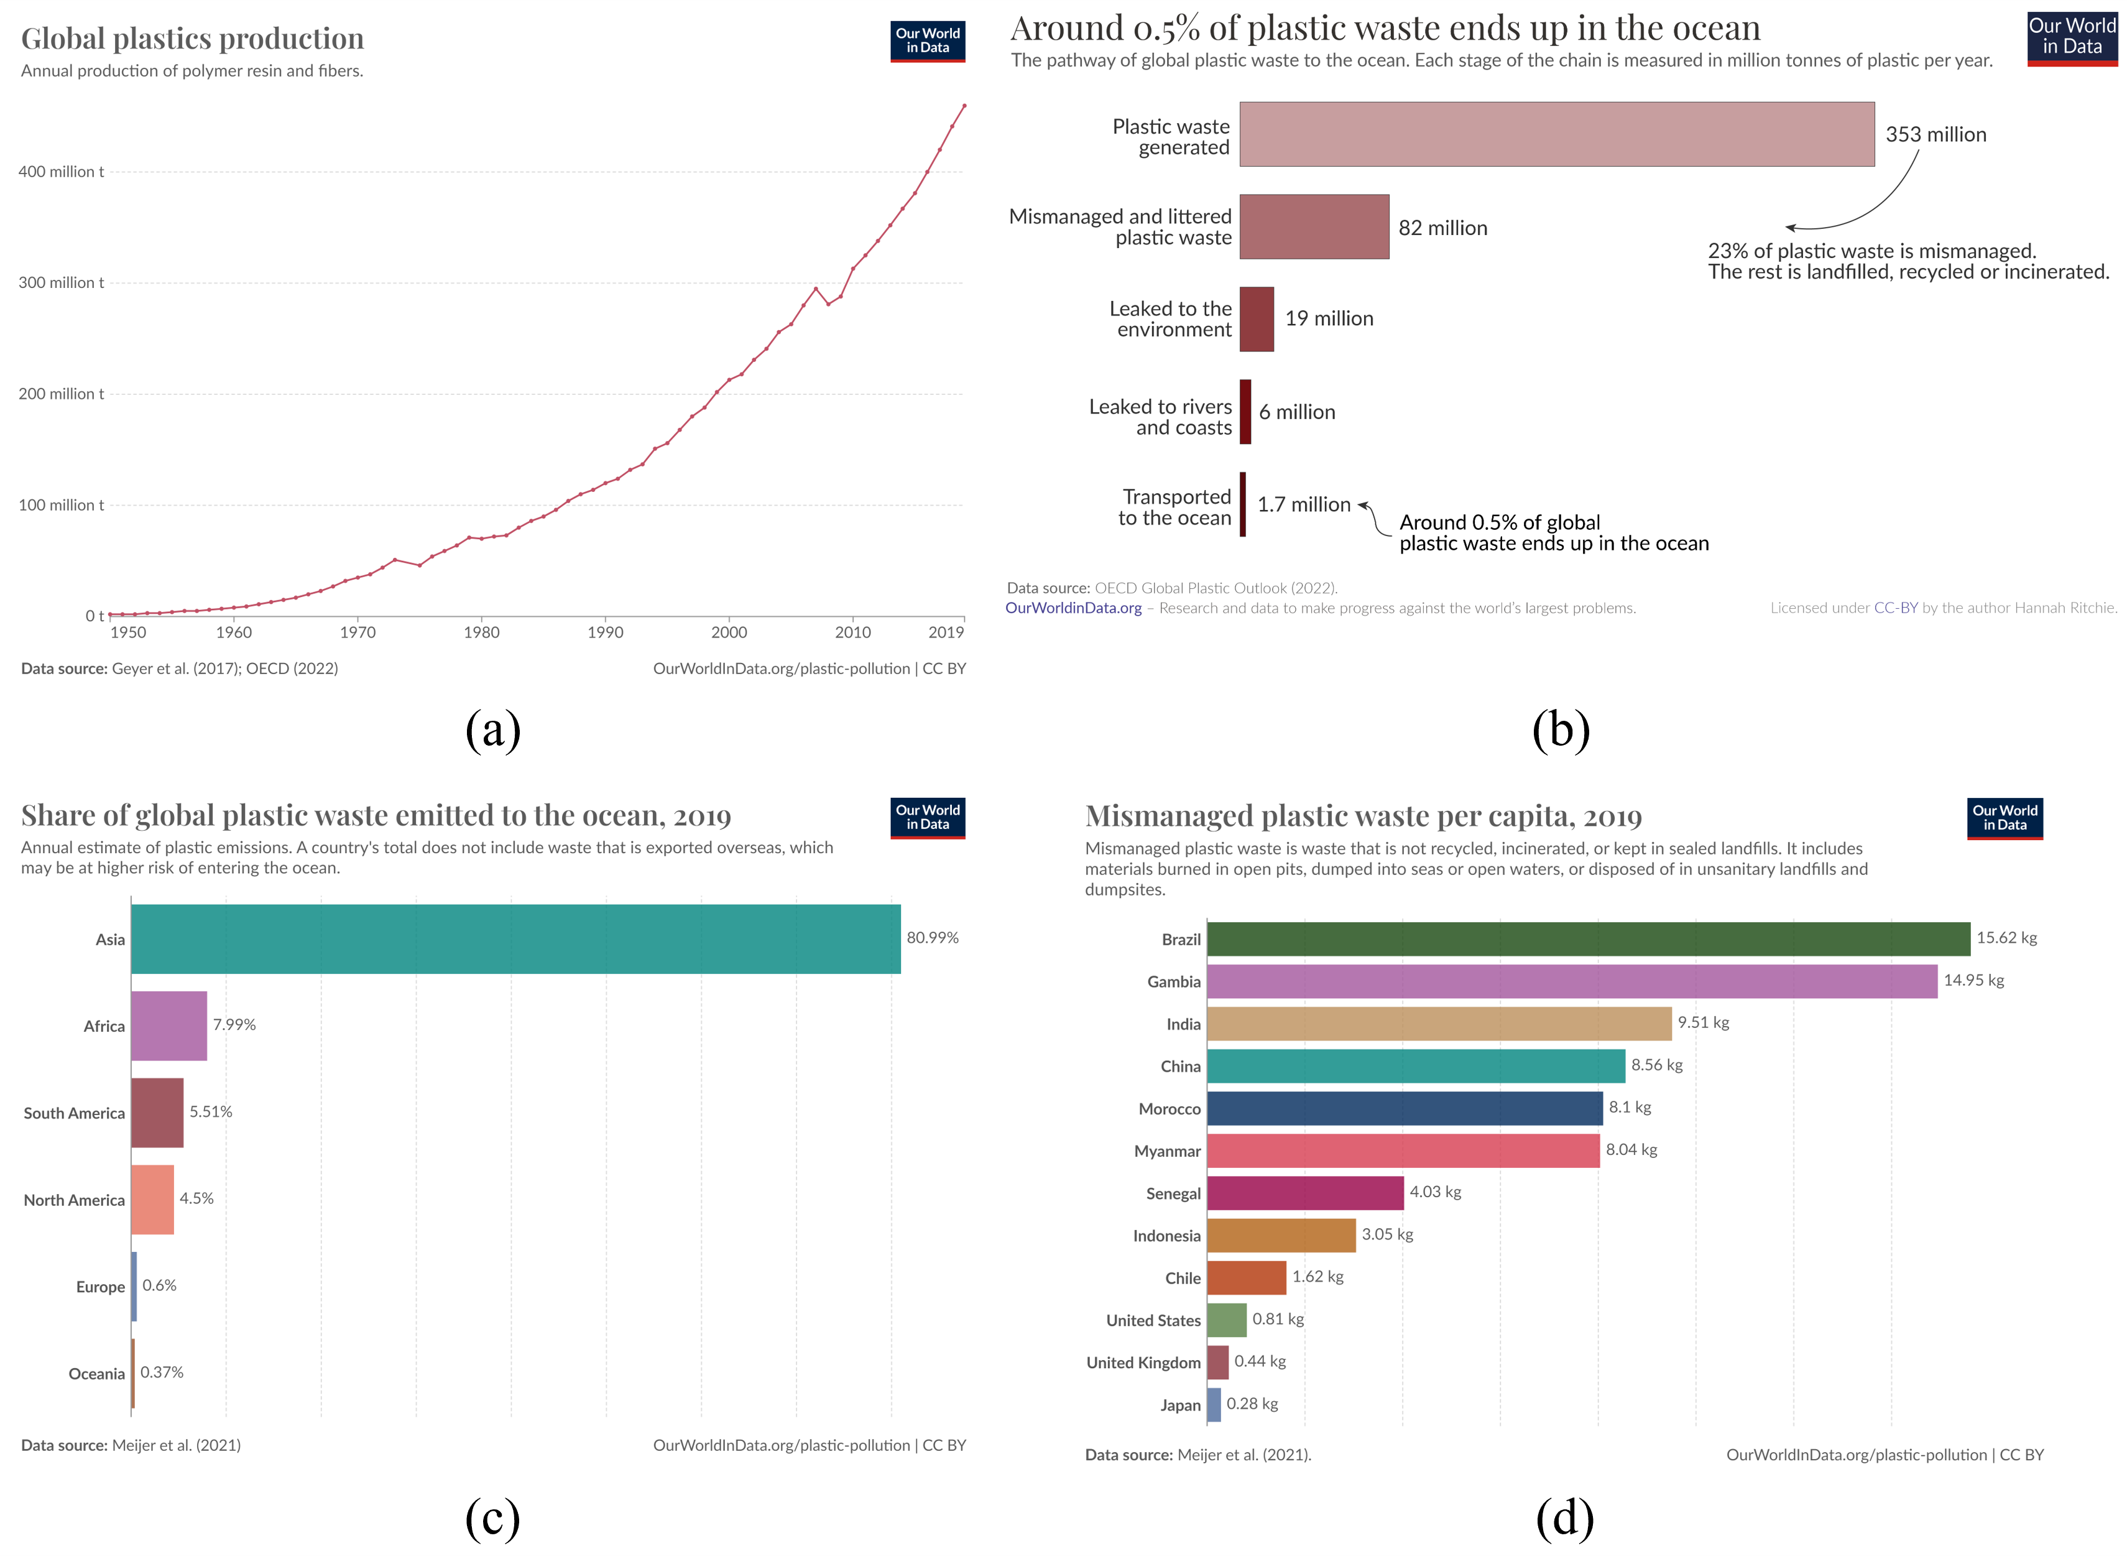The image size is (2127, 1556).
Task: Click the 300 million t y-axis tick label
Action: pyautogui.click(x=61, y=282)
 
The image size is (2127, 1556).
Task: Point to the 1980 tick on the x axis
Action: pyautogui.click(x=481, y=632)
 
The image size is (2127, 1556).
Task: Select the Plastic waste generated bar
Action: pyautogui.click(x=1556, y=135)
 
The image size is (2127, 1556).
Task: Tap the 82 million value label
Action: pyautogui.click(x=1442, y=228)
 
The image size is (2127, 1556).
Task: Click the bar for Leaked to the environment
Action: pyautogui.click(x=1256, y=319)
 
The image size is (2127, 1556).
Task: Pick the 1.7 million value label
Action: pyautogui.click(x=1303, y=505)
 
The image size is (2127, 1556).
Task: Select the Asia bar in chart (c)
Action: pyautogui.click(x=515, y=939)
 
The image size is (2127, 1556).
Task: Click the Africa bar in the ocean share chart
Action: pyautogui.click(x=168, y=1026)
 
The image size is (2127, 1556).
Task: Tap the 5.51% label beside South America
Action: pyautogui.click(x=211, y=1111)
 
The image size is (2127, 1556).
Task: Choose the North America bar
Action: pyautogui.click(x=152, y=1199)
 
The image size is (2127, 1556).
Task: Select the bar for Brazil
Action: pyautogui.click(x=1587, y=939)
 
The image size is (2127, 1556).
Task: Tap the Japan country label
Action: pyautogui.click(x=1180, y=1405)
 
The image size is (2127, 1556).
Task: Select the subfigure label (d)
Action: pyautogui.click(x=1564, y=1518)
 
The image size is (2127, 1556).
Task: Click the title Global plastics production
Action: pyautogui.click(x=192, y=39)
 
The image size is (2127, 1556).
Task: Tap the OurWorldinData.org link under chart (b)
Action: pyautogui.click(x=1073, y=608)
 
